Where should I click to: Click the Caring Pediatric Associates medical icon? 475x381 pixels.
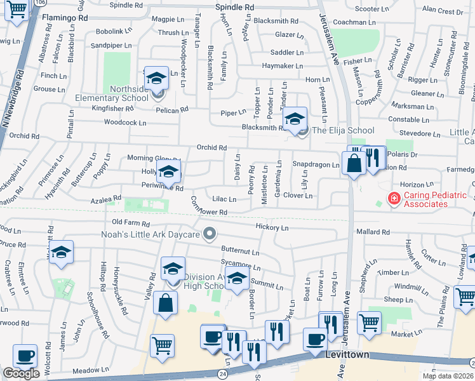394,199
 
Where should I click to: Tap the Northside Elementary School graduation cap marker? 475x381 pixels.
156,78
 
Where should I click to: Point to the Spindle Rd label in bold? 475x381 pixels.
234,6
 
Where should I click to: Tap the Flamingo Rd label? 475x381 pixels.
65,18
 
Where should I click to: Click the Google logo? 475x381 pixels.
21,373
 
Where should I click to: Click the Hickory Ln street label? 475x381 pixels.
271,227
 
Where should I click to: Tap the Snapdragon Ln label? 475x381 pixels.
316,164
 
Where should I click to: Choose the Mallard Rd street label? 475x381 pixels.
372,232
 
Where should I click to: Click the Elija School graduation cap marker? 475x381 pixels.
294,119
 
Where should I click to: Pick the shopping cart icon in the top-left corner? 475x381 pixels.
17,10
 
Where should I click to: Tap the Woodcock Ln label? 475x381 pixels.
124,123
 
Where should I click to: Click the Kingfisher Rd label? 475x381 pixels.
74,109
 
